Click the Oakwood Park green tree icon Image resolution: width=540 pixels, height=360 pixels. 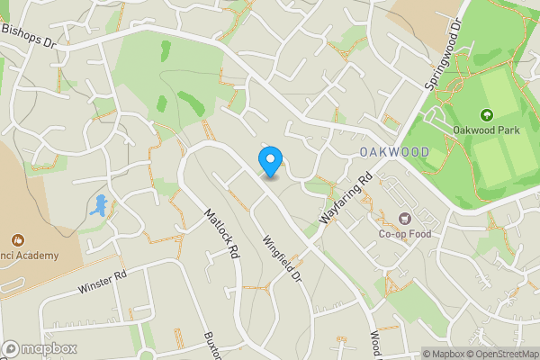487,115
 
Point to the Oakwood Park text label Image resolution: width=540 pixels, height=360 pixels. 487,131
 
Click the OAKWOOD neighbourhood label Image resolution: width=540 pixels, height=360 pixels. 394,152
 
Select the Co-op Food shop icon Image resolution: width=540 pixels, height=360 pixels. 404,218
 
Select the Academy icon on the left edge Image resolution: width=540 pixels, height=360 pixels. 17,240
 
